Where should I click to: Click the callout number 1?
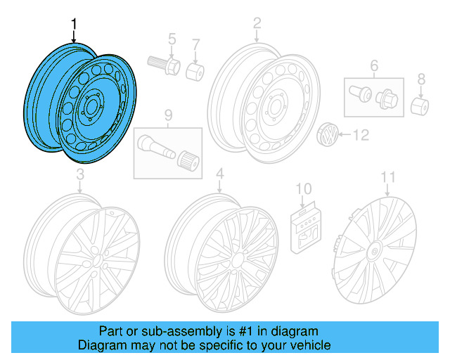75,26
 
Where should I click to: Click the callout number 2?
257,25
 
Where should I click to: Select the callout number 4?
219,174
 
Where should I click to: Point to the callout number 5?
171,38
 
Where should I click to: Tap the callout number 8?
421,78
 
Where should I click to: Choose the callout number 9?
168,115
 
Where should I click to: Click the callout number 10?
303,188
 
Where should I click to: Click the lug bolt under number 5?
163,65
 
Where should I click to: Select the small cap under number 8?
420,106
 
